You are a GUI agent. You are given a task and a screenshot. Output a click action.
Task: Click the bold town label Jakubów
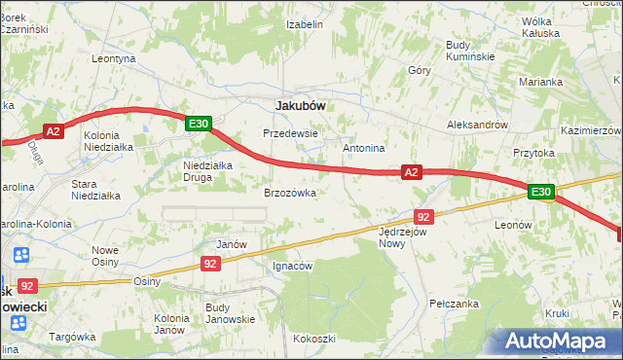pos(300,104)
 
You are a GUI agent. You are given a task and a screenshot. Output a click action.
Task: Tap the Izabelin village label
pos(305,24)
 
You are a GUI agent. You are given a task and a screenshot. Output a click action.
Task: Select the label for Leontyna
pos(113,58)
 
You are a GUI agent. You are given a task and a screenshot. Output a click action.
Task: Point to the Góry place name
pos(420,71)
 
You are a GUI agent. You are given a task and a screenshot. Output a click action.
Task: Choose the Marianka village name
pos(542,83)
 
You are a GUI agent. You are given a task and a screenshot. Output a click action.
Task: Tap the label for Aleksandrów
pos(477,126)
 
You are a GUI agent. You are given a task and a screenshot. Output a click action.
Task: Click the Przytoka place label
pos(533,153)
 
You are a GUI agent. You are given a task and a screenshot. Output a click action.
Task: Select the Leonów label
pos(513,224)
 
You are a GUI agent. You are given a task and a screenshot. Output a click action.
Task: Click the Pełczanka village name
pos(458,305)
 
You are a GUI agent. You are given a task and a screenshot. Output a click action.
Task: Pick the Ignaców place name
pos(292,266)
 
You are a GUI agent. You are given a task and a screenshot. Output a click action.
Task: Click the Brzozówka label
pos(290,193)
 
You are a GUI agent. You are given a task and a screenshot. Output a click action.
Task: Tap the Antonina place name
pos(365,148)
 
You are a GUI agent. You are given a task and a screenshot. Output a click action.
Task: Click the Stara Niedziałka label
pos(96,189)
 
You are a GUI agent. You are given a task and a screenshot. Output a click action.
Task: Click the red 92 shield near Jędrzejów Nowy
pos(422,217)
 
